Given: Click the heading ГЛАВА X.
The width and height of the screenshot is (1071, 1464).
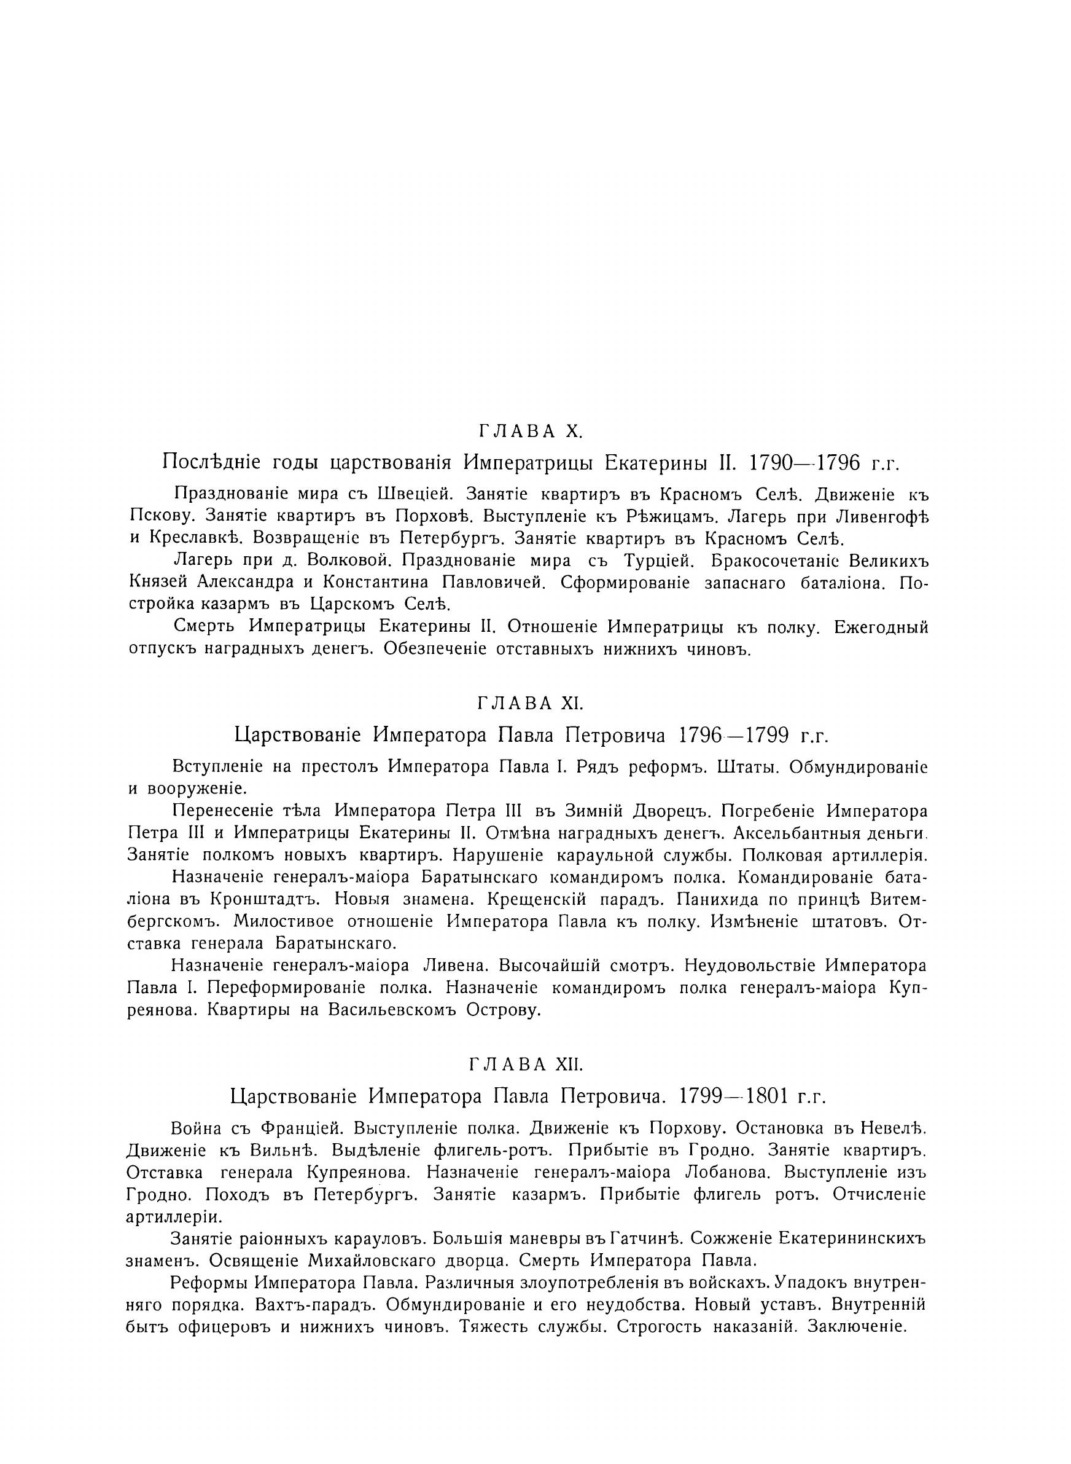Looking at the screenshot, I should tap(531, 431).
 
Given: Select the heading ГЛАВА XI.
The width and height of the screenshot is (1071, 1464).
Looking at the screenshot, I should tap(531, 703).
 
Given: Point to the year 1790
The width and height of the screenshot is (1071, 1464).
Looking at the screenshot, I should tap(777, 462).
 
